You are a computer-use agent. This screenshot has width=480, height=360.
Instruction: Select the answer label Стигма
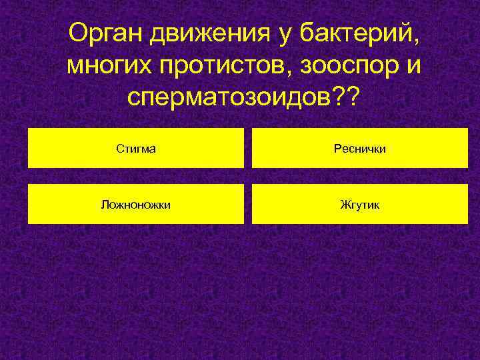[136, 149]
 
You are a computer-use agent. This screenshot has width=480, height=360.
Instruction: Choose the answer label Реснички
[360, 149]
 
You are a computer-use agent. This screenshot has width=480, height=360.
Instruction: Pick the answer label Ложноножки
[136, 205]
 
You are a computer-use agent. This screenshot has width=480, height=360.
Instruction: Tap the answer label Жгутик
[360, 205]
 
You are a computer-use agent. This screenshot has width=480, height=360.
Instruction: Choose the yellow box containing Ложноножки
[60, 204]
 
